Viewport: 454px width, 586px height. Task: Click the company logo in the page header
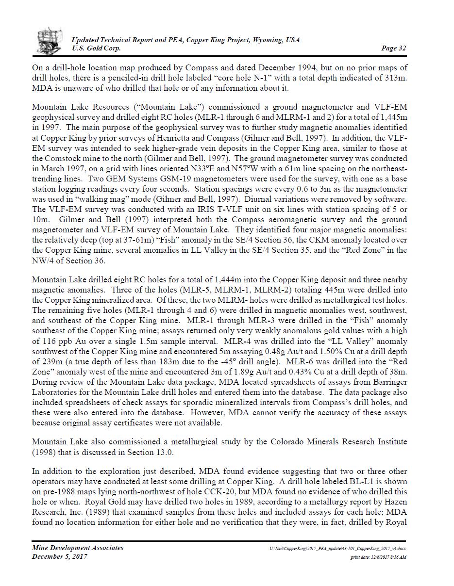click(x=50, y=42)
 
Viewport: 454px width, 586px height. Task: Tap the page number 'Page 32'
click(x=393, y=48)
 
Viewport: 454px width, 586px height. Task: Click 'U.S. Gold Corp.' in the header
click(x=96, y=48)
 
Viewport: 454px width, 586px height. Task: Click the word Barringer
click(x=390, y=382)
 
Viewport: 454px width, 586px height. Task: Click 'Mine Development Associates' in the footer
click(x=78, y=548)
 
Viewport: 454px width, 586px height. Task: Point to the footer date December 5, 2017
click(x=60, y=556)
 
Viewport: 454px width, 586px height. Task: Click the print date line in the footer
click(x=378, y=557)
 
